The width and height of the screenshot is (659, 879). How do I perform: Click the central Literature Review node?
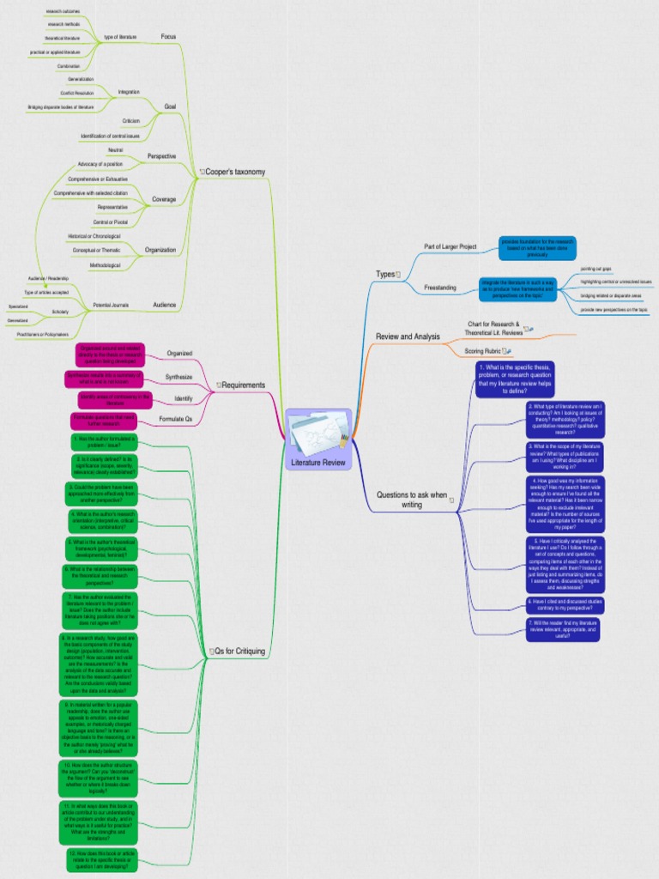pos(317,439)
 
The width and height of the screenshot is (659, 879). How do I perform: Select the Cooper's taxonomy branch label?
pos(235,172)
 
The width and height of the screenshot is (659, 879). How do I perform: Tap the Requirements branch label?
pos(243,385)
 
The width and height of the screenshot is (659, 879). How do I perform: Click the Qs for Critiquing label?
pos(239,652)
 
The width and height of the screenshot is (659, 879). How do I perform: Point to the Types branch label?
pos(385,274)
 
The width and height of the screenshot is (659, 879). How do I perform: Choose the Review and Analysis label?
pos(408,336)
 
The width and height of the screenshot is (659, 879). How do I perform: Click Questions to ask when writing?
pos(412,500)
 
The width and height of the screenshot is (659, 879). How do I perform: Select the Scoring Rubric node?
pos(485,351)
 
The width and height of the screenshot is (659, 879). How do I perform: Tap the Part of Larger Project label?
pos(450,246)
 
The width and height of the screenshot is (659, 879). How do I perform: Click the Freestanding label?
pos(440,287)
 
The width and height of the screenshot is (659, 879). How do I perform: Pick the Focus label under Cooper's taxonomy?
pos(169,36)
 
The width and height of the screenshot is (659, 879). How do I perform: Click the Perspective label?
pos(161,156)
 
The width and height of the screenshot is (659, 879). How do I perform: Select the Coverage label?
pos(164,199)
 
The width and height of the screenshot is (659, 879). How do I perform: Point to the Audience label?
pos(164,305)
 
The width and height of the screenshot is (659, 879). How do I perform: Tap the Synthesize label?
pos(179,377)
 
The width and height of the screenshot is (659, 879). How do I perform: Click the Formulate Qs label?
pos(176,420)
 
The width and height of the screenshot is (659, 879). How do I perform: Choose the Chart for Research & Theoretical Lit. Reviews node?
pos(493,327)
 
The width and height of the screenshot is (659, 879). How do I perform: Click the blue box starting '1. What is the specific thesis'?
pos(515,379)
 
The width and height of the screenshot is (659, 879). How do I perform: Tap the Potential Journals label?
pos(112,305)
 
